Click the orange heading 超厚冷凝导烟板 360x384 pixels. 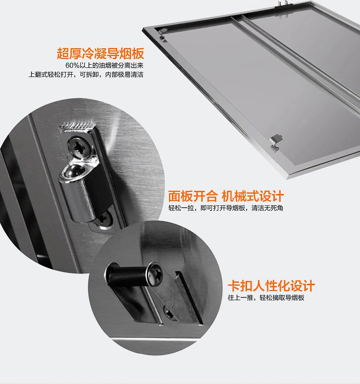100,54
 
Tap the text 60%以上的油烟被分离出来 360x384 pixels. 104,66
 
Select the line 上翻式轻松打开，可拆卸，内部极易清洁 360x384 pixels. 86,74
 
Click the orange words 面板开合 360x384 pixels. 193,196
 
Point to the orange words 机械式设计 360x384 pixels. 253,196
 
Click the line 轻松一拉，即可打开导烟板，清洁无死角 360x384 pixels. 226,208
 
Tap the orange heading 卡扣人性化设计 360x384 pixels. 271,286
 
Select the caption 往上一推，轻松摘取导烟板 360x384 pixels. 266,297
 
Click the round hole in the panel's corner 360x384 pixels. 162,38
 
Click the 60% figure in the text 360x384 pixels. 72,66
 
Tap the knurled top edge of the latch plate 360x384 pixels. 77,125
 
